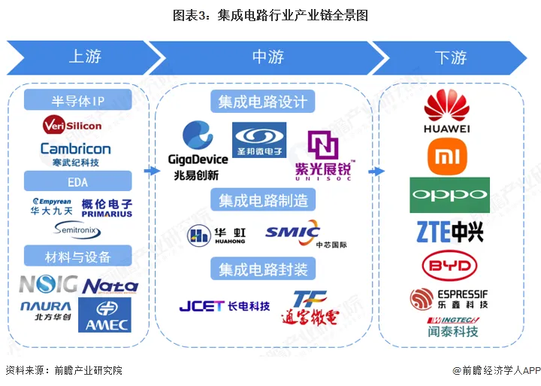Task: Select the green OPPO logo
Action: pyautogui.click(x=449, y=196)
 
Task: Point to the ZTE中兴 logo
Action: pyautogui.click(x=449, y=232)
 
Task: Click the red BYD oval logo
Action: pyautogui.click(x=449, y=266)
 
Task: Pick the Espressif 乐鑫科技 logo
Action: pyautogui.click(x=449, y=299)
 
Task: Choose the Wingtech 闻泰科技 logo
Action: pyautogui.click(x=449, y=326)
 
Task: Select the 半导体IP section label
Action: pyautogui.click(x=78, y=100)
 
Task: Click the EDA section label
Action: pyautogui.click(x=78, y=181)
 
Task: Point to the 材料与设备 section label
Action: pyautogui.click(x=78, y=257)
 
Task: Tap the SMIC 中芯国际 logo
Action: pyautogui.click(x=294, y=234)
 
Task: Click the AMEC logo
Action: pyautogui.click(x=104, y=315)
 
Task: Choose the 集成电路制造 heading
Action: pyautogui.click(x=263, y=200)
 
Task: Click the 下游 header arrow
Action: pyautogui.click(x=451, y=57)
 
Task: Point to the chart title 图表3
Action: pyautogui.click(x=270, y=14)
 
